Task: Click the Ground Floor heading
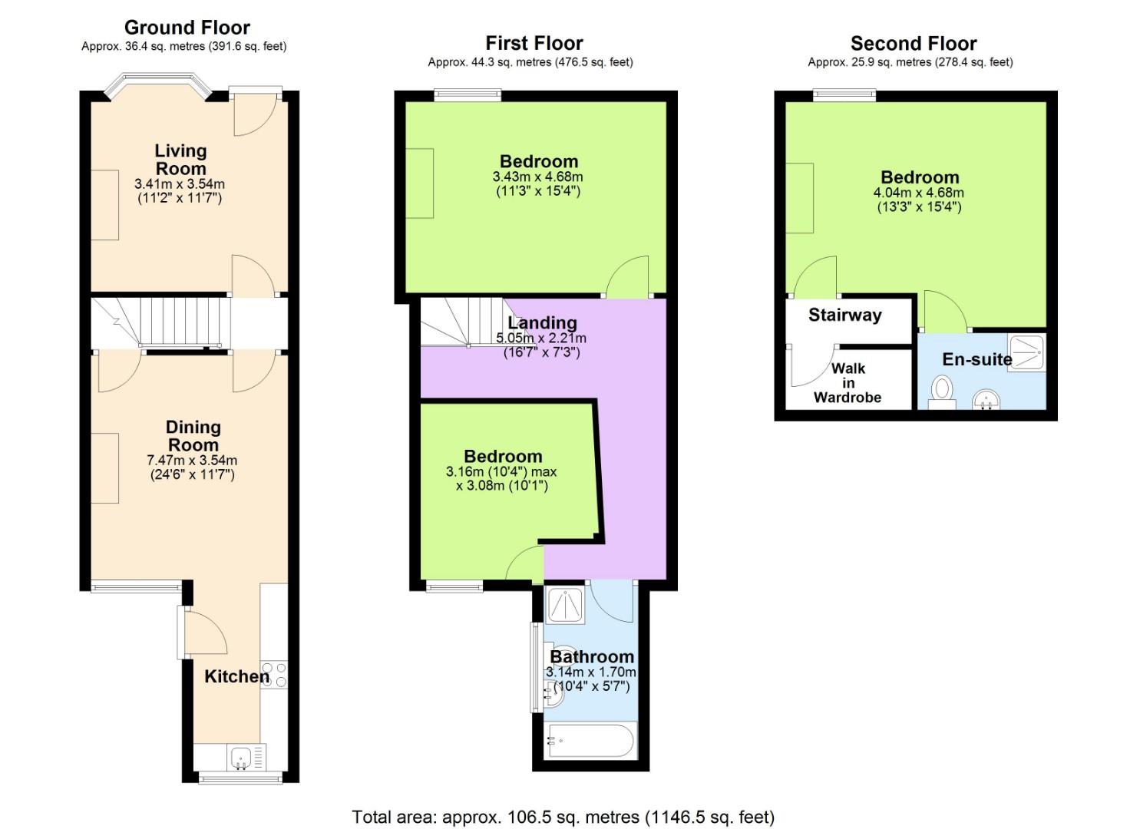point(187,28)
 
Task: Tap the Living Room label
point(180,160)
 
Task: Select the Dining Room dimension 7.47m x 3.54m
point(192,461)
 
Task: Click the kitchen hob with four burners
point(274,674)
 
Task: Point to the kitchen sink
point(241,758)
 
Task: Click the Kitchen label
point(236,676)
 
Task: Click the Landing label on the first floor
point(542,322)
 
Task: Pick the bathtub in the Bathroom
point(589,741)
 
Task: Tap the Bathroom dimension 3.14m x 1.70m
point(591,672)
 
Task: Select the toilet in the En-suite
point(941,391)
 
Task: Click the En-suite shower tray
point(1026,352)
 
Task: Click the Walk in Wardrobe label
point(848,382)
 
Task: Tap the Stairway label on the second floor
point(844,315)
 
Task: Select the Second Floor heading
point(913,44)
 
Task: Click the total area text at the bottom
point(563,817)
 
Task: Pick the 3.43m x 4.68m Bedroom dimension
point(537,177)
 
